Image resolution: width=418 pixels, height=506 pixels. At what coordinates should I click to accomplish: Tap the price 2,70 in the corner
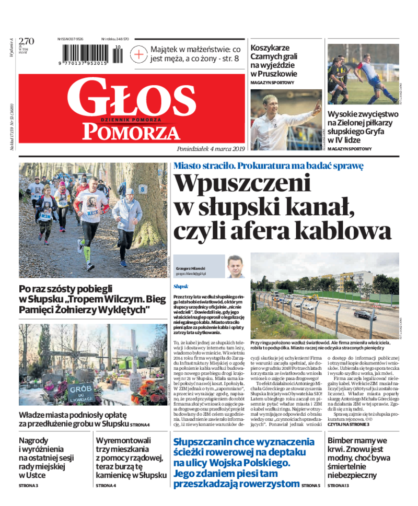26,41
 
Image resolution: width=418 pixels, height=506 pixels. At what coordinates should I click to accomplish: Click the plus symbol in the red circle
139,54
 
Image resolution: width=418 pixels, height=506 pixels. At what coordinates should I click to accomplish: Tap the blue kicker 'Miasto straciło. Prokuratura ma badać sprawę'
269,166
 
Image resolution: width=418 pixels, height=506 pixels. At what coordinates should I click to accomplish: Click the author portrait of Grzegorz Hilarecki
235,267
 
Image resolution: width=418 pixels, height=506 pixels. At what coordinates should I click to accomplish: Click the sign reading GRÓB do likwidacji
80,392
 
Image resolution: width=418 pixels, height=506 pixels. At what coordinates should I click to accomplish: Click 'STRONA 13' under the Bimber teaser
338,486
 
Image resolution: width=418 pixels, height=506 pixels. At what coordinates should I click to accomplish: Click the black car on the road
365,315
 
